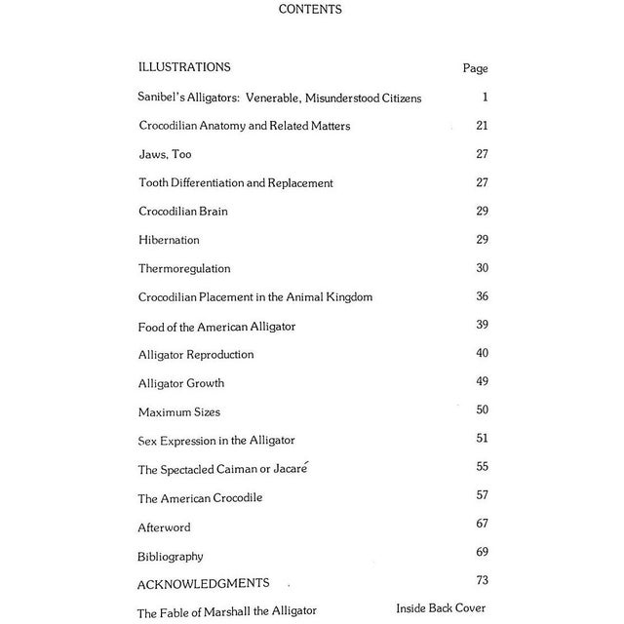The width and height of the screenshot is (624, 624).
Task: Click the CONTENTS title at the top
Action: tap(309, 10)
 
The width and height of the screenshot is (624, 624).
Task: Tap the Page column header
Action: tap(475, 69)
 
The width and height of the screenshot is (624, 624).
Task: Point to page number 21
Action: tap(482, 126)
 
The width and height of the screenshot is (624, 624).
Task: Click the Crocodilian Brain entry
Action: tap(183, 212)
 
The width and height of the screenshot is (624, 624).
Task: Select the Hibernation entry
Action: tap(169, 240)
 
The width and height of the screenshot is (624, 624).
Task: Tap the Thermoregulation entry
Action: tap(184, 268)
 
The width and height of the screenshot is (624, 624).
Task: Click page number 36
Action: tap(482, 296)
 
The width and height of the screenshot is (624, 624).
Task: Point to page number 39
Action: tap(482, 325)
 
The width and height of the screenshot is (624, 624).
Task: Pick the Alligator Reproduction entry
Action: tap(196, 354)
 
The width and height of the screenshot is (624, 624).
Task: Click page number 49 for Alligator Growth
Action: tap(482, 381)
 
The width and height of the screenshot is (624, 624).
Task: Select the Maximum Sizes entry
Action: tap(178, 412)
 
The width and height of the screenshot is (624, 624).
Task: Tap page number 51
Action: tap(482, 438)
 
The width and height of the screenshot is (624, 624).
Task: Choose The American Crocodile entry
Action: tap(200, 498)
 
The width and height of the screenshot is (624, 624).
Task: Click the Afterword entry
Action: tap(164, 527)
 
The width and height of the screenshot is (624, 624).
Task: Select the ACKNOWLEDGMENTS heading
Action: tap(203, 583)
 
